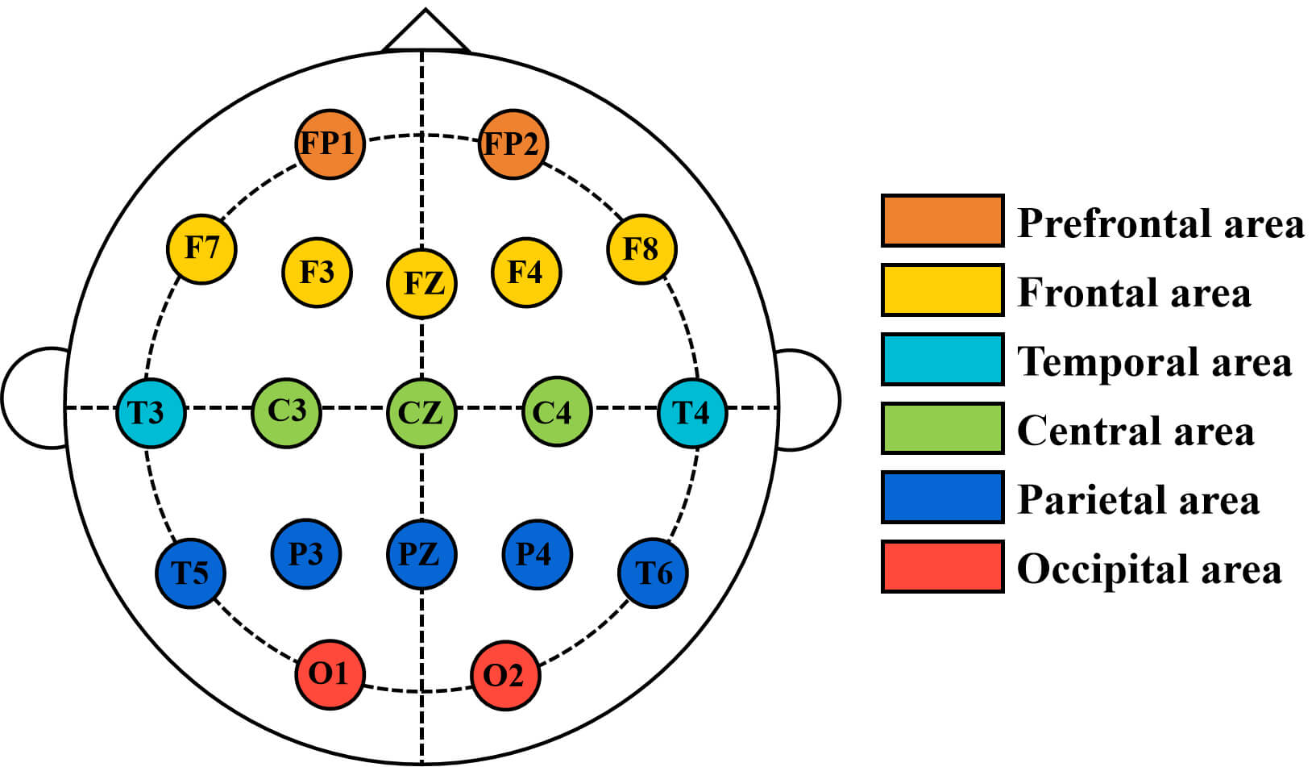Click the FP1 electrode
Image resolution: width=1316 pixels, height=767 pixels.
(x=330, y=144)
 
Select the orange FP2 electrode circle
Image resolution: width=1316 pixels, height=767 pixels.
(x=513, y=144)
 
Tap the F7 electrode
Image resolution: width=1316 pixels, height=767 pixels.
(x=201, y=248)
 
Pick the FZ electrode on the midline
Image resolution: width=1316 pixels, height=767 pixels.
(x=421, y=284)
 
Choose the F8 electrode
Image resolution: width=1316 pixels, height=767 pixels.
(x=641, y=248)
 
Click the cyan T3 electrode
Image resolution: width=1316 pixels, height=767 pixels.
(x=151, y=413)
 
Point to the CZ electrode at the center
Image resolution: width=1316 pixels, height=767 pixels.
(x=421, y=413)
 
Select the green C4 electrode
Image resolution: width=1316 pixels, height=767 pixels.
(x=556, y=412)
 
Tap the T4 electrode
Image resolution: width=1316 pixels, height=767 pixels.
(x=692, y=413)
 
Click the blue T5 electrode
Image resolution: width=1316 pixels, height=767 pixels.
(x=190, y=573)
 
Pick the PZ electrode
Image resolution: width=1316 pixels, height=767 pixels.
(x=421, y=554)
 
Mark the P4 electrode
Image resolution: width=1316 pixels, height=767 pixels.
(x=537, y=554)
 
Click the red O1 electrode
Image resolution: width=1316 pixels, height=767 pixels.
(x=330, y=674)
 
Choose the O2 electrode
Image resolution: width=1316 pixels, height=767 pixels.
(x=505, y=675)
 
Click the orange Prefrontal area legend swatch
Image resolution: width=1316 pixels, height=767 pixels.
(x=942, y=220)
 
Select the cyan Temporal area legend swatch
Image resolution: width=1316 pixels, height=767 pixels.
(x=942, y=359)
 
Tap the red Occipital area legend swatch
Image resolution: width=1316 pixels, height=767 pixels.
(x=942, y=566)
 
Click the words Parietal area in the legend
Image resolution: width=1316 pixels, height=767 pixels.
(x=1138, y=500)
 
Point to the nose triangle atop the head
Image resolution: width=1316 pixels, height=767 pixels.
(x=426, y=31)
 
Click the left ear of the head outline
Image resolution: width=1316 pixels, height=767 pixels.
(x=34, y=398)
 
